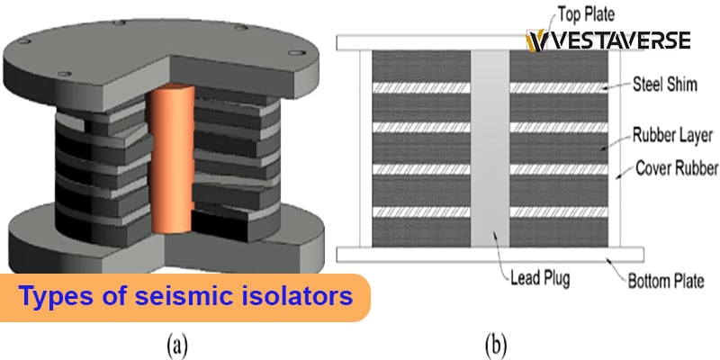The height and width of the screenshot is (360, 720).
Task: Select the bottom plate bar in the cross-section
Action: [x=486, y=254]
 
